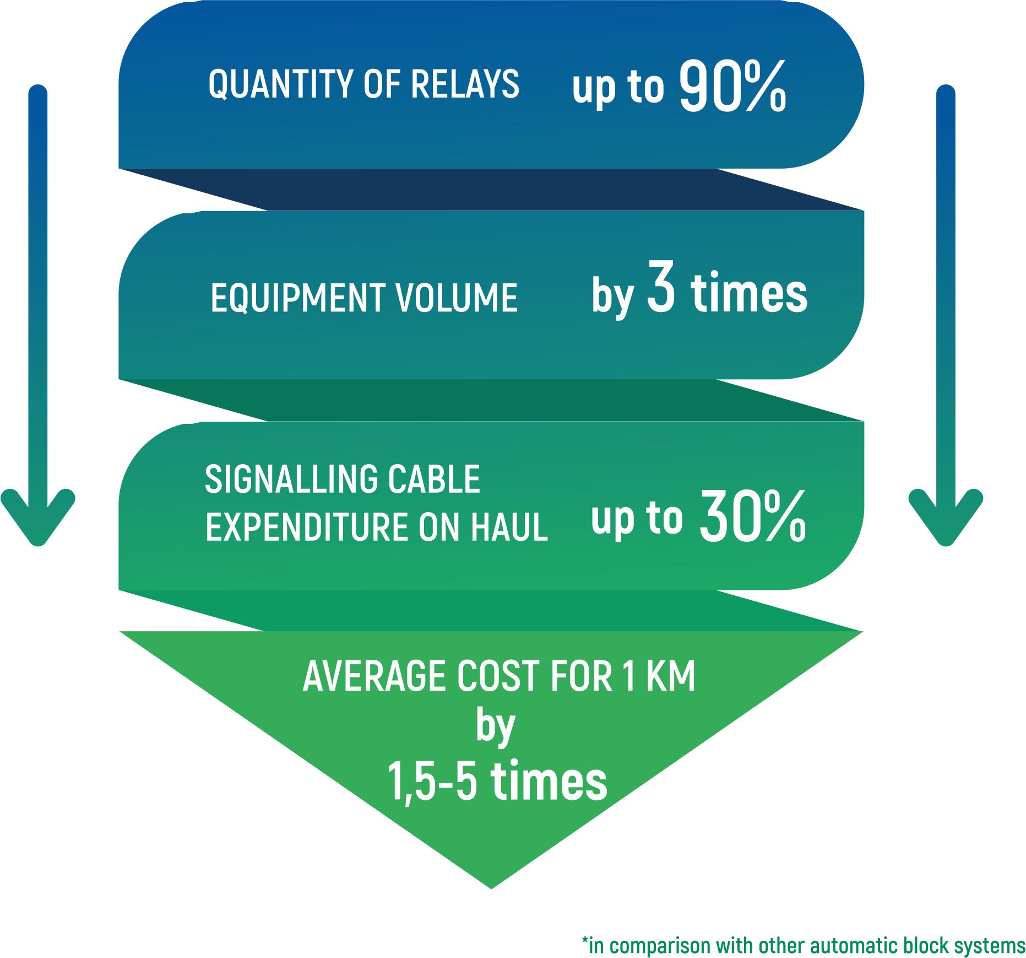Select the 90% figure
coord(732,86)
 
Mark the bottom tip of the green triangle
coord(491,888)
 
